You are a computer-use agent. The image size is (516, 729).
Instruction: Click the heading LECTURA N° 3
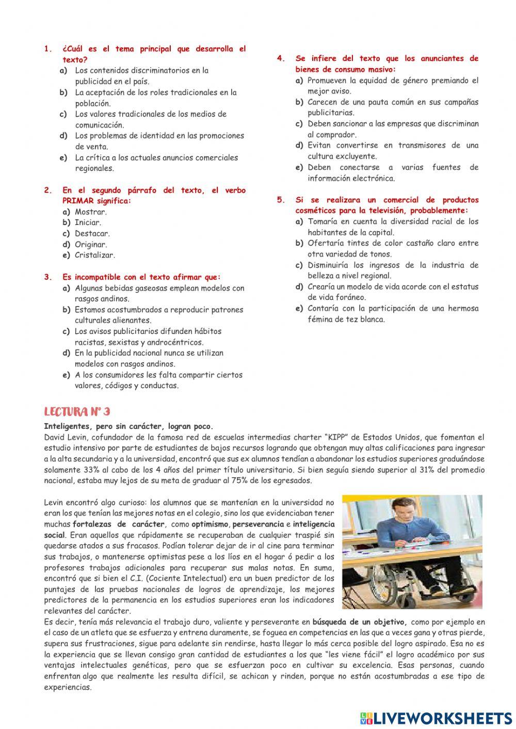click(77, 412)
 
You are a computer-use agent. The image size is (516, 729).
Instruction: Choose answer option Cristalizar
click(95, 255)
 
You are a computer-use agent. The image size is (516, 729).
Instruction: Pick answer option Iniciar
click(88, 222)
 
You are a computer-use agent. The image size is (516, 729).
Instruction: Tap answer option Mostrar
click(91, 212)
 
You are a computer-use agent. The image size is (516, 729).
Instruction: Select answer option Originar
click(91, 244)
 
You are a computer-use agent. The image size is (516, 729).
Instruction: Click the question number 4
click(281, 58)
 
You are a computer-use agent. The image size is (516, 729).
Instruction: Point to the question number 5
click(281, 200)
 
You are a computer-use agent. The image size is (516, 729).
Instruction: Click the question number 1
click(48, 49)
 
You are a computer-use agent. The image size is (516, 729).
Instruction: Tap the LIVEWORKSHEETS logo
click(436, 718)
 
